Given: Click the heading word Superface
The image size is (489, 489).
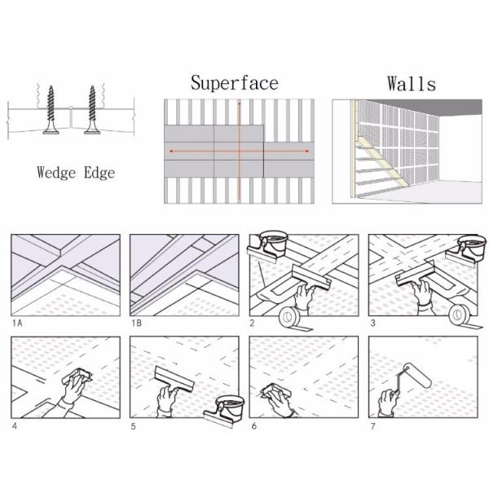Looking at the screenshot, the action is [235, 83].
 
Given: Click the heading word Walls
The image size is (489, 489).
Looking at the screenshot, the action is [412, 84].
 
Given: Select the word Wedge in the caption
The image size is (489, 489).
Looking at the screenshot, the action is [56, 173].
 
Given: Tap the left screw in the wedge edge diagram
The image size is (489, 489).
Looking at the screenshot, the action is [51, 110].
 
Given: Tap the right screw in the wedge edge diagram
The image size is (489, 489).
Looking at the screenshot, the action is [92, 110].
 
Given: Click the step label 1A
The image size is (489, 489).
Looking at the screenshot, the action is [17, 323].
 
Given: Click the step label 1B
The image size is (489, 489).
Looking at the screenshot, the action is [137, 323].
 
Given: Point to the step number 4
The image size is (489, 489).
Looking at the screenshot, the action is [15, 425].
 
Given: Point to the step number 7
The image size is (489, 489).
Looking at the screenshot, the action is [372, 425].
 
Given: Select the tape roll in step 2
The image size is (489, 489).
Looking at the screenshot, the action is [290, 317].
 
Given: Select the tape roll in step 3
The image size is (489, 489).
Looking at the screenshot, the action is [460, 315].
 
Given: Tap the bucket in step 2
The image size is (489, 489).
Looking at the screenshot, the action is [273, 242].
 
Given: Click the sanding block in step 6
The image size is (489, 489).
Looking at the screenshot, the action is [275, 391].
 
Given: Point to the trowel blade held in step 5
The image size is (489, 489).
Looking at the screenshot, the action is [174, 379].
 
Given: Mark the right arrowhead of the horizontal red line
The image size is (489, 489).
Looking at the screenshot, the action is [307, 152].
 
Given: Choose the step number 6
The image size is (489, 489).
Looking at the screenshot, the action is [253, 425].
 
